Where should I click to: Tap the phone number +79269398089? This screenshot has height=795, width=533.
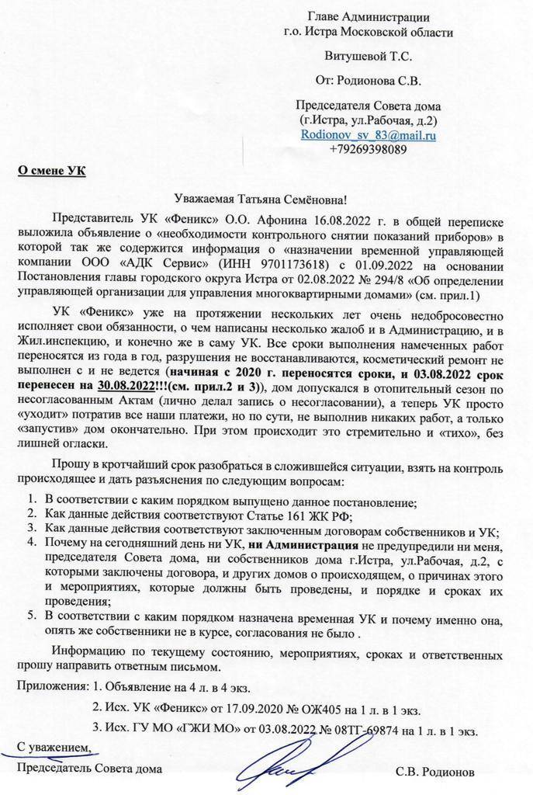point(368,149)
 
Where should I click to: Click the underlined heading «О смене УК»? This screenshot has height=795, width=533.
point(51,171)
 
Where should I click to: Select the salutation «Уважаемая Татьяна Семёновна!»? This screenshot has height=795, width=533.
point(266,200)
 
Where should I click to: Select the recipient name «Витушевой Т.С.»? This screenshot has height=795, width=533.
point(369,55)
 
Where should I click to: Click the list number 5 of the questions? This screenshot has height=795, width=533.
point(32,616)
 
